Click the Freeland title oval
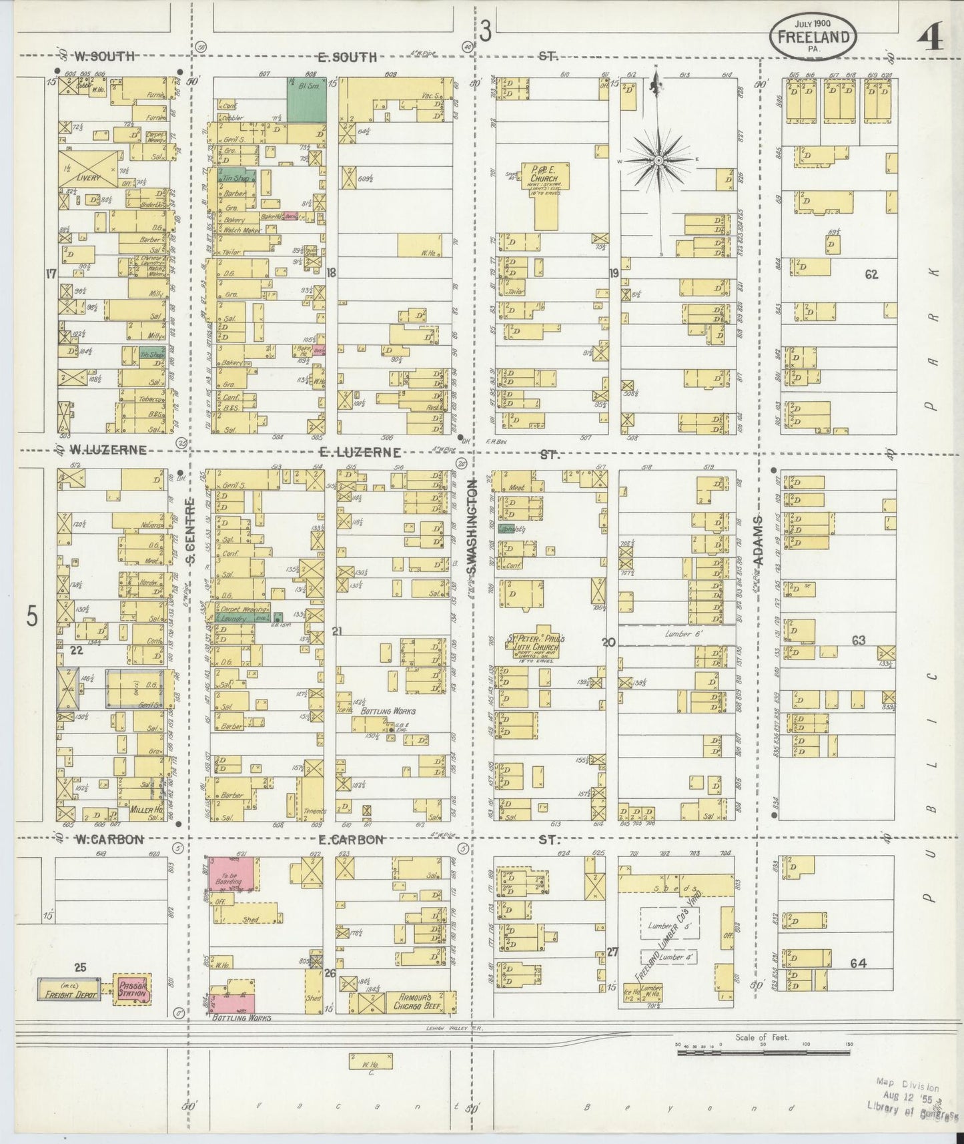pos(813,37)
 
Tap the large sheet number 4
pos(930,39)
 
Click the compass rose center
pos(658,161)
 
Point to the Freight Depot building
pos(69,993)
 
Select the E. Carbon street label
pos(351,840)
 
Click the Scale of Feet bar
pos(762,1053)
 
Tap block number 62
pos(871,274)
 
